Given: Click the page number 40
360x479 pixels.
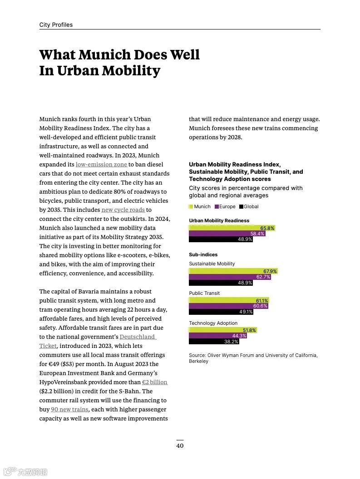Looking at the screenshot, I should click(x=180, y=445).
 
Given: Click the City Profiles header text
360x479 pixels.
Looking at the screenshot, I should click(x=56, y=25).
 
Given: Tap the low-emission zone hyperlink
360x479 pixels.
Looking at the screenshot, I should click(x=101, y=164).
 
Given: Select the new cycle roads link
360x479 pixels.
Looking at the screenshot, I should click(x=123, y=210).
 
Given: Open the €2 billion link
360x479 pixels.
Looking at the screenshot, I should click(x=154, y=382).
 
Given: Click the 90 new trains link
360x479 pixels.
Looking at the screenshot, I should click(x=69, y=409).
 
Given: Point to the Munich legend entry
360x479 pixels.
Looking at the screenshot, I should click(x=200, y=206).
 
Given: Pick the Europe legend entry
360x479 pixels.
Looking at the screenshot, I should click(x=225, y=206).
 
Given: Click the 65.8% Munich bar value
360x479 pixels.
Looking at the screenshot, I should click(x=267, y=228).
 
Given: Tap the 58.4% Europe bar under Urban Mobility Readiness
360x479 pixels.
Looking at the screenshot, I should click(x=257, y=234).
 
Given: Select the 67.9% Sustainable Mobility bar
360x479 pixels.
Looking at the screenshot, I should click(x=270, y=271).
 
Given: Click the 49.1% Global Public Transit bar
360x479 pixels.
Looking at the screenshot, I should click(x=246, y=312).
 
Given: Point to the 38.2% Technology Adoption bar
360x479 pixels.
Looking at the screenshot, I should click(x=231, y=342).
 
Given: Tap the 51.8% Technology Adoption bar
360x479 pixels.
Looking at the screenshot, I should click(x=249, y=330).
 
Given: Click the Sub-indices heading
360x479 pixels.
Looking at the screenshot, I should click(x=203, y=254).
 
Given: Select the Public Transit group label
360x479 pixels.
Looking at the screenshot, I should click(x=204, y=293).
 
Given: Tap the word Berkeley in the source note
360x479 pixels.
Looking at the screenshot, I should click(x=198, y=361).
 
